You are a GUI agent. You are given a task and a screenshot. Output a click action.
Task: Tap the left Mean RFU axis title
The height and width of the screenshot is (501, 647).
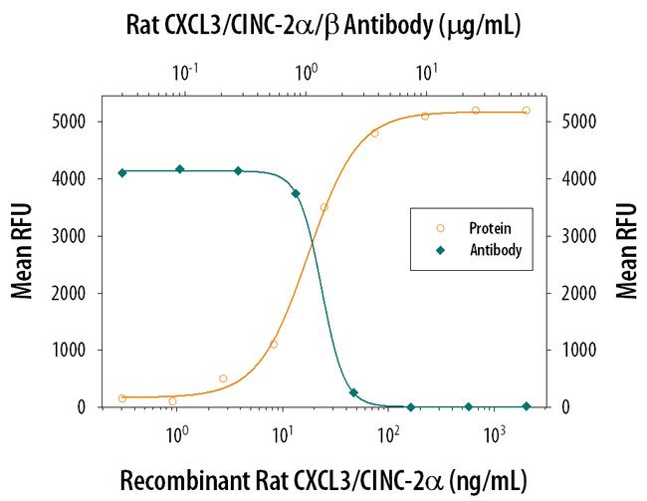point(21,251)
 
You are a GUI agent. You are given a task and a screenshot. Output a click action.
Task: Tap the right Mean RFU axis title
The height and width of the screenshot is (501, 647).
point(626,251)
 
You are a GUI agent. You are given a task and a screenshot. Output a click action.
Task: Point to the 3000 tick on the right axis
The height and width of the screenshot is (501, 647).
point(578,236)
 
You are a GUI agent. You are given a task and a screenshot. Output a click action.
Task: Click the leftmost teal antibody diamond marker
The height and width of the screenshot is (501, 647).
point(122,172)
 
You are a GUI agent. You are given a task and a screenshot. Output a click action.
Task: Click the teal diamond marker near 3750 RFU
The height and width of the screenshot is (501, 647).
point(296,193)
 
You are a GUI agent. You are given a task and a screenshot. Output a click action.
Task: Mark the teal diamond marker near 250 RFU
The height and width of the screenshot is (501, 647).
point(354,393)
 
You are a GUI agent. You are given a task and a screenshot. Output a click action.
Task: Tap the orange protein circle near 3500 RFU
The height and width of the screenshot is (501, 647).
point(323,207)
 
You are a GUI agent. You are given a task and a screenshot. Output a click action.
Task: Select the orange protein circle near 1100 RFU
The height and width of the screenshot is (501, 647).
point(274,345)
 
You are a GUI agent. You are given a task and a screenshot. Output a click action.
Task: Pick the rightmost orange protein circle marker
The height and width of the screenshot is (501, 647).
point(526,111)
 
